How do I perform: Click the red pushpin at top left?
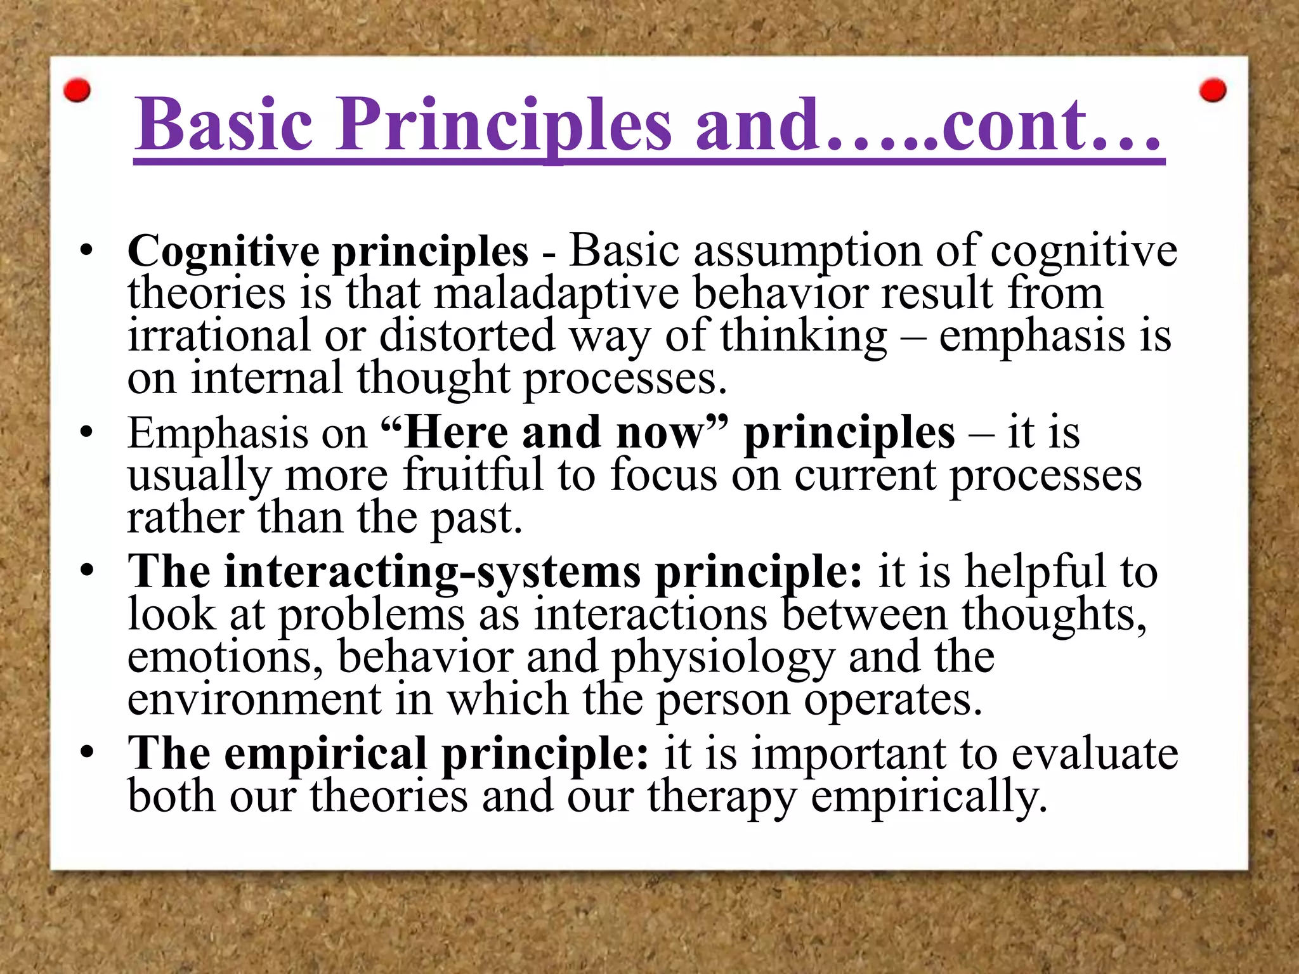[77, 91]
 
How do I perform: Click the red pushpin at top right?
[1213, 90]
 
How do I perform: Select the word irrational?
[219, 336]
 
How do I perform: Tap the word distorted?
[467, 336]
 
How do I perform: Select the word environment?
[254, 699]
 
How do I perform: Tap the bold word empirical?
[325, 755]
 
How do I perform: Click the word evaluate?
[1095, 755]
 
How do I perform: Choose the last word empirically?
[929, 797]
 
